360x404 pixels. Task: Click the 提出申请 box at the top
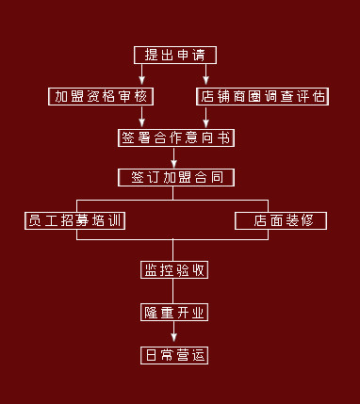(173, 54)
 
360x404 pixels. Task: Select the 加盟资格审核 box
(101, 96)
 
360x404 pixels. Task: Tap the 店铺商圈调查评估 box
(262, 96)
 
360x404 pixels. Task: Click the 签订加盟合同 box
(175, 177)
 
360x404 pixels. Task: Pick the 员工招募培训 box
(76, 220)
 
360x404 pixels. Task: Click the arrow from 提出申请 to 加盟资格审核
(141, 75)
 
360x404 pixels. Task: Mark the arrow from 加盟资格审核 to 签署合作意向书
(141, 116)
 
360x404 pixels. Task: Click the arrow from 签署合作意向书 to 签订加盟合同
(174, 157)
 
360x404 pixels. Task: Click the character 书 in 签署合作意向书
(223, 137)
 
